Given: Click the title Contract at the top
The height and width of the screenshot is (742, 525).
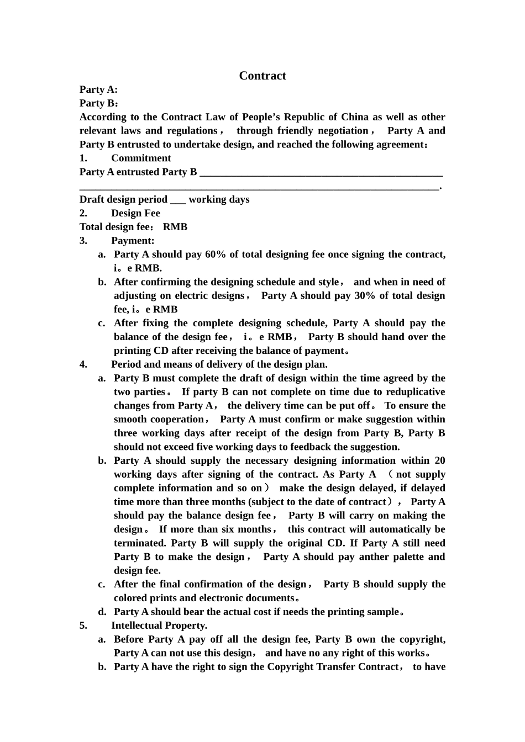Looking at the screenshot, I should (262, 76).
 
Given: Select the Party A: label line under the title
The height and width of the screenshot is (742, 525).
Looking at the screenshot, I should (98, 89).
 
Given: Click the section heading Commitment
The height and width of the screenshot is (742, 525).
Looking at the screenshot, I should (141, 158).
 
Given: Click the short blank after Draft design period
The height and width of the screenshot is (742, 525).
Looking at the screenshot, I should (178, 200).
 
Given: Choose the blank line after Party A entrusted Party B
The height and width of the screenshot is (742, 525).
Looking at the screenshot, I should (321, 172).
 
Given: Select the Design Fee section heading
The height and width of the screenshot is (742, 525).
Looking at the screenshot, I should (135, 213).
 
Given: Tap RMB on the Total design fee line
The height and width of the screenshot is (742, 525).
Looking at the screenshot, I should (175, 227).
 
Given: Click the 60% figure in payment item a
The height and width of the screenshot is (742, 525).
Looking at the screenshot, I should (216, 255).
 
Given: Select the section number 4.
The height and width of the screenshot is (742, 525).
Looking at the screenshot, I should (83, 364).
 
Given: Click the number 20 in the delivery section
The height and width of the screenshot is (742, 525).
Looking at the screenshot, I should (439, 460).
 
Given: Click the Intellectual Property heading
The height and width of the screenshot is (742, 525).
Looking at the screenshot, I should (159, 626).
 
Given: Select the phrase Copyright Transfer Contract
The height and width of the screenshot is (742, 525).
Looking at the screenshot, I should (333, 667).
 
